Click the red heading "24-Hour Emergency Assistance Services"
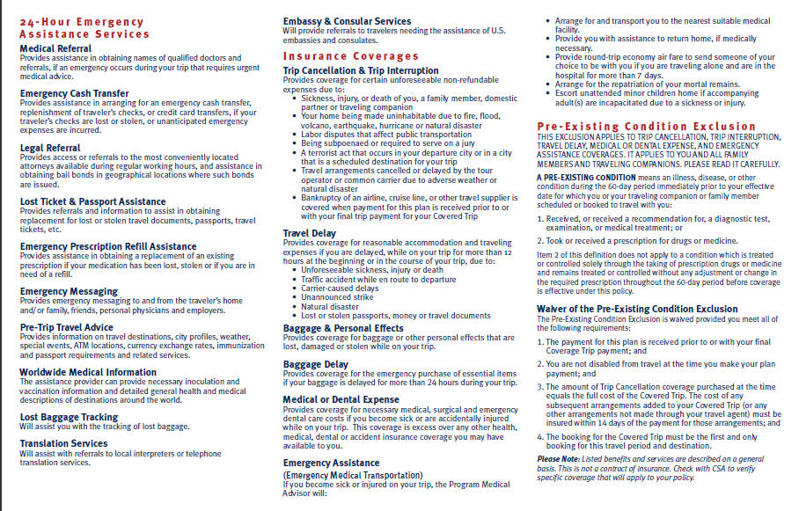[x=84, y=27]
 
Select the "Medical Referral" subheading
[x=55, y=48]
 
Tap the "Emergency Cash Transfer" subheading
[x=74, y=93]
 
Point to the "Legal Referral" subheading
[x=51, y=148]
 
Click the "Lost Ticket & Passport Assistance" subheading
[x=92, y=201]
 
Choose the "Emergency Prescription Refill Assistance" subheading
[x=108, y=246]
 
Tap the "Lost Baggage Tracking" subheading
[x=69, y=417]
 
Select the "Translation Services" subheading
[x=63, y=443]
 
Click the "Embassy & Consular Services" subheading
[x=347, y=21]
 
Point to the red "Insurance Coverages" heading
[x=338, y=55]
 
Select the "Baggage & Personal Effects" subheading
[x=343, y=328]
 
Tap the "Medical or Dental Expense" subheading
[x=341, y=399]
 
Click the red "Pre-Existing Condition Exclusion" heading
[x=647, y=127]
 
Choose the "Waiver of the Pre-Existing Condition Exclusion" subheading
[x=636, y=309]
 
